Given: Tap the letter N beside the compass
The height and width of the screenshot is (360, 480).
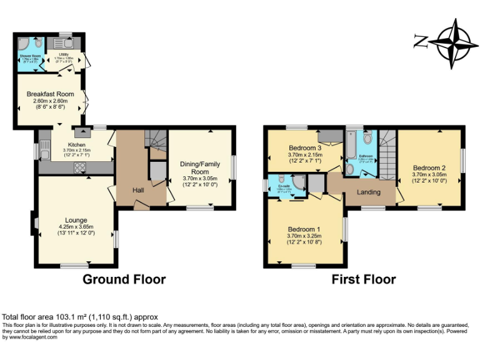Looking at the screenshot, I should click(420, 41).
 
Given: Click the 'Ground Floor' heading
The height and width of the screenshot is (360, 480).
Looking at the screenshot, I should click(124, 279).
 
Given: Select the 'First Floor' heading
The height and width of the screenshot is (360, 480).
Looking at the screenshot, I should click(364, 279).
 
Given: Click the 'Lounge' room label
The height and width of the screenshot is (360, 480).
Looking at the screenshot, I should click(76, 219).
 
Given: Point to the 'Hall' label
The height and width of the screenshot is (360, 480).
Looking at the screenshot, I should click(139, 190).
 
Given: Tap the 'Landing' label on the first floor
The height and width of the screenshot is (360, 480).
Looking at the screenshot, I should click(368, 192).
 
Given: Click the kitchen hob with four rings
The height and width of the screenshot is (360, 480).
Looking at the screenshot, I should click(81, 167).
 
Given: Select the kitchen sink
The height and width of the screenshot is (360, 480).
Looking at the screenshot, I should click(44, 150).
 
